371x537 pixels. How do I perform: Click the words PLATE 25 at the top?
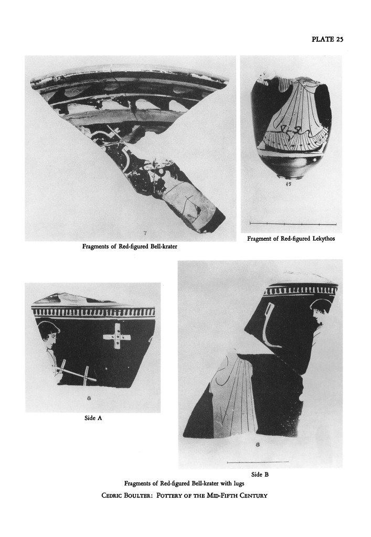click(x=327, y=39)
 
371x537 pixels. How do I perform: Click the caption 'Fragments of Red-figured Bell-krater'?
click(x=130, y=246)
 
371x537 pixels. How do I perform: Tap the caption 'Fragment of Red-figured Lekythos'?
click(x=291, y=239)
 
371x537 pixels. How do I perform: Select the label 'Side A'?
click(x=93, y=418)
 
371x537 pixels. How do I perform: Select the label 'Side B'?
click(x=260, y=474)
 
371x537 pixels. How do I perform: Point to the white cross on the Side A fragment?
click(x=117, y=336)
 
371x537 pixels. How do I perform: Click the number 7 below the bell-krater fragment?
click(x=145, y=233)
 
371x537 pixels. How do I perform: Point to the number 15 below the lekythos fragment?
click(x=289, y=184)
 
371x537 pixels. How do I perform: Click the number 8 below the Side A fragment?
click(x=89, y=398)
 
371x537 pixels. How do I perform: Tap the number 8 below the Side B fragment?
click(x=258, y=445)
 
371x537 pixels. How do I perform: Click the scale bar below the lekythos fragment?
click(x=293, y=224)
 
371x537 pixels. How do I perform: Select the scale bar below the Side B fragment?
click(x=258, y=462)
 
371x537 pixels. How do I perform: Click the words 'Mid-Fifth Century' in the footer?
click(x=237, y=495)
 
